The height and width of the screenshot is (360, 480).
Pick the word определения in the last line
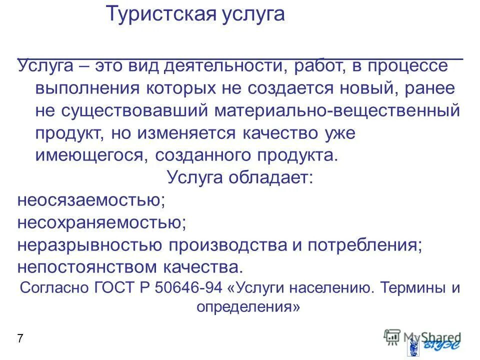[248, 306]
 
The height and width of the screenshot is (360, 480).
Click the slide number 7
[20, 338]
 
